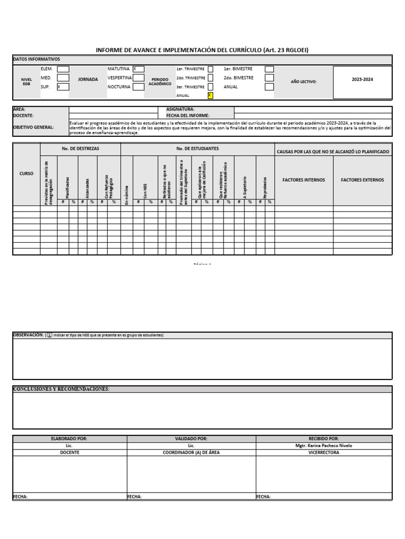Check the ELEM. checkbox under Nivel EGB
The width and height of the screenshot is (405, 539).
63,69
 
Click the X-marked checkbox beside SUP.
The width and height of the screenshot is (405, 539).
63,87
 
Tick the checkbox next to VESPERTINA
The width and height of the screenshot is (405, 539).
139,78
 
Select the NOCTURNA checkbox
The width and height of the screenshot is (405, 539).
139,87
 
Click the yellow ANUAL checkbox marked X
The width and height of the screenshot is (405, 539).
210,95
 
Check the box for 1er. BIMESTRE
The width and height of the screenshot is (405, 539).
269,69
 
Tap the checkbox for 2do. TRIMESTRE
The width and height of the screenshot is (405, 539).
210,78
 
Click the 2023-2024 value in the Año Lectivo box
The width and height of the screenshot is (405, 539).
362,79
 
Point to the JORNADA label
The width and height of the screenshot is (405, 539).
88,79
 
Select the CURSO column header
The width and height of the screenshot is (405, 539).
26,173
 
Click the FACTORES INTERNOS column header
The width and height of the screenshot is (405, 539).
304,180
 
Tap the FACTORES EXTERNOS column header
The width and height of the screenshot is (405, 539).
362,180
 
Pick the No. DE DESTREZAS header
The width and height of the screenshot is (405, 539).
80,149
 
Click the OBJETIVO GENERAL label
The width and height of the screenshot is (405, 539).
33,127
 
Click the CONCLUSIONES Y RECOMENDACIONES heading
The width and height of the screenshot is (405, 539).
61,389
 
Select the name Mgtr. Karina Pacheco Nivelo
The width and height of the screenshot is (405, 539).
324,445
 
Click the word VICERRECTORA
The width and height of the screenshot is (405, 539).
324,452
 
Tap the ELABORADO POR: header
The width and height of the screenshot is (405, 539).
69,438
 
